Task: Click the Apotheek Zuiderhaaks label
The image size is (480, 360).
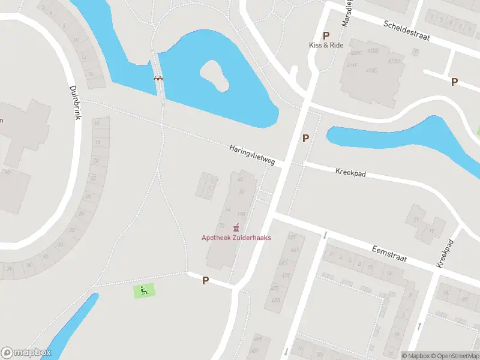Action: [x=236, y=238]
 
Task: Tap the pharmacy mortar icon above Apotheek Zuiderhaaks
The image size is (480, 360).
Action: [x=236, y=227]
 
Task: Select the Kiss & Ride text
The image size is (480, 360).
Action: [x=326, y=46]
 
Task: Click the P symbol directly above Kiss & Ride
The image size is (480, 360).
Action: [x=326, y=35]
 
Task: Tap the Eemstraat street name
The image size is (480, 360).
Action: [x=389, y=254]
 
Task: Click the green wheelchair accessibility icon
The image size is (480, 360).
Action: [x=143, y=290]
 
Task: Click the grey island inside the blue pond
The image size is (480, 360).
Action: [x=215, y=76]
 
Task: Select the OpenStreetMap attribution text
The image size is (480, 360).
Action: [x=455, y=356]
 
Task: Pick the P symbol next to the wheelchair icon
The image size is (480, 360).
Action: [x=205, y=280]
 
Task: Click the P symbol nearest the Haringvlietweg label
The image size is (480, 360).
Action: [x=305, y=139]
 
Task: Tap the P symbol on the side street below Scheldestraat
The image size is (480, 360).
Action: [x=454, y=82]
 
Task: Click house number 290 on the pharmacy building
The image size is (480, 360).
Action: [x=241, y=214]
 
